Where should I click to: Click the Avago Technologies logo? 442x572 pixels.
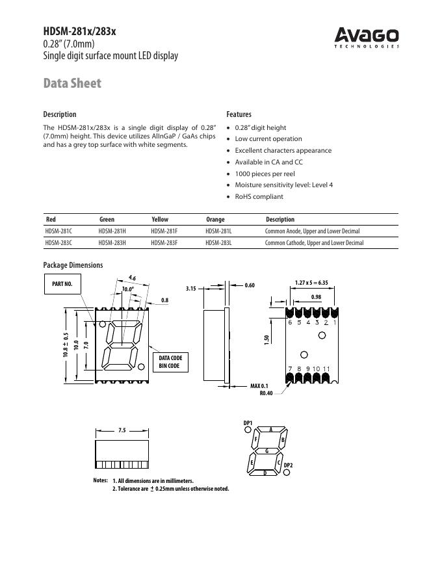367,37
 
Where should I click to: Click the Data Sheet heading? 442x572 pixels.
72,84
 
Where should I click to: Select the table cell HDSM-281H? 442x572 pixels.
112,231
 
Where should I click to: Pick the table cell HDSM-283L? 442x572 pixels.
218,243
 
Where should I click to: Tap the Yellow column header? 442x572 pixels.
159,220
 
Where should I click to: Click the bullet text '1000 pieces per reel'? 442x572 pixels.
265,174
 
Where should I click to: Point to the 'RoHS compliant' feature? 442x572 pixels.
259,196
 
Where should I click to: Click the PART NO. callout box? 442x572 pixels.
62,284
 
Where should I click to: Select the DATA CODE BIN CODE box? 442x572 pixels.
170,362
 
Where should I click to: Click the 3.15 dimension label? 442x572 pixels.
190,288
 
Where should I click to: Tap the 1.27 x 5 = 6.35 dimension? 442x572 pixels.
311,283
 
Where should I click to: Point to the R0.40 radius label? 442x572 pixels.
266,393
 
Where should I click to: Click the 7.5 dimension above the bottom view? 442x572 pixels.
122,430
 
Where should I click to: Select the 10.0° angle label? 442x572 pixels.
128,289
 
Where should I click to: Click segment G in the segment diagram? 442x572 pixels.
266,450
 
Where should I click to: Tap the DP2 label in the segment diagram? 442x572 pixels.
289,465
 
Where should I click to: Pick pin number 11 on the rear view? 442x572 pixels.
326,369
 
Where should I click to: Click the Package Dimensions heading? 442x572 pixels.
73,265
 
